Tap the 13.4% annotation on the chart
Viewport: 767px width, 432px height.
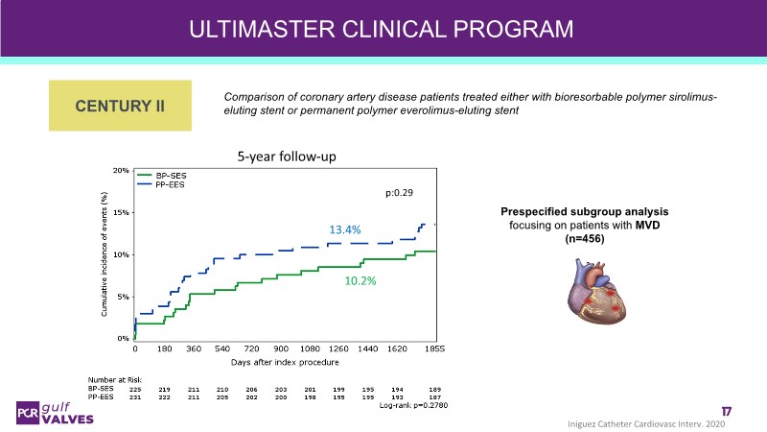pos(346,229)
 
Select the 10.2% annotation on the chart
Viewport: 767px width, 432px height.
pos(360,281)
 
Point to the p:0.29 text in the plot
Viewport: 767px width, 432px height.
pos(398,193)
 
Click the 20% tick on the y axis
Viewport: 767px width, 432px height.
pos(122,170)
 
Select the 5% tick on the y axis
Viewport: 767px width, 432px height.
pos(124,297)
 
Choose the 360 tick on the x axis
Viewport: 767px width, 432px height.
pos(193,348)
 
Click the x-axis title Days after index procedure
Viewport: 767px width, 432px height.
pos(285,362)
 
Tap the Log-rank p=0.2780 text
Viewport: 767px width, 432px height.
pos(413,405)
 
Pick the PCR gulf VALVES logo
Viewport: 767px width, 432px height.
pos(52,412)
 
